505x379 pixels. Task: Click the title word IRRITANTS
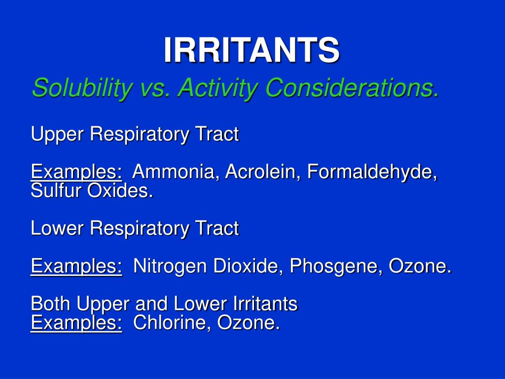click(x=252, y=50)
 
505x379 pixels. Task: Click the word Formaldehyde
click(x=372, y=172)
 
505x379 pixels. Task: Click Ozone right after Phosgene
click(x=420, y=266)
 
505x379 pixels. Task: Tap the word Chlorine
click(x=173, y=324)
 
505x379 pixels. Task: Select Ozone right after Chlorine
click(x=249, y=324)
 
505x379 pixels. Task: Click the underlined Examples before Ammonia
click(x=76, y=172)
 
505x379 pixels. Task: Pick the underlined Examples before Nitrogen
click(x=76, y=266)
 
